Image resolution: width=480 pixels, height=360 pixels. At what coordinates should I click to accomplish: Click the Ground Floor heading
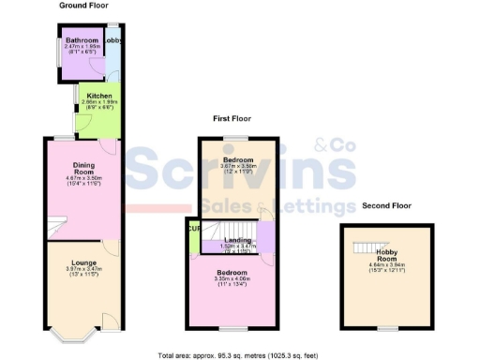(x=83, y=6)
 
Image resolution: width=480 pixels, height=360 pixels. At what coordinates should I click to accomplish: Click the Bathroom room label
(x=82, y=41)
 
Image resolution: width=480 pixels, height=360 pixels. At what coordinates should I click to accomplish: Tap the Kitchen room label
(x=99, y=97)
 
